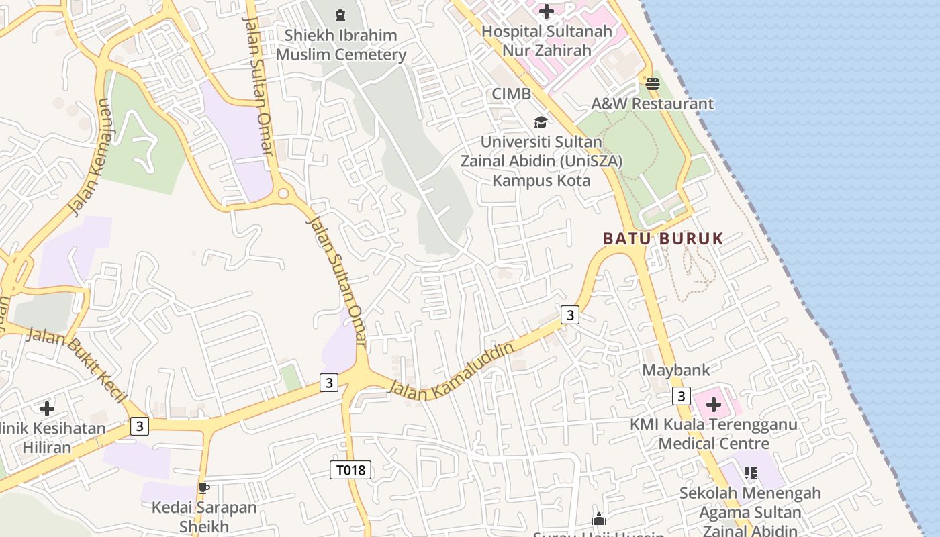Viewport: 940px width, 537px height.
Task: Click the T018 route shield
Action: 350,470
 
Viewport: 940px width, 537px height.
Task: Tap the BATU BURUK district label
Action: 663,238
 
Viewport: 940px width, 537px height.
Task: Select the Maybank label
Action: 675,370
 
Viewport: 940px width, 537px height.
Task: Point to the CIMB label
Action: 511,94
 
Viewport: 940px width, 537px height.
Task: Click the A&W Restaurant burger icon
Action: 652,84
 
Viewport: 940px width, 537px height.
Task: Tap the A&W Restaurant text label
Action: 652,104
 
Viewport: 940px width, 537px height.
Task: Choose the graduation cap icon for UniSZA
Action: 540,122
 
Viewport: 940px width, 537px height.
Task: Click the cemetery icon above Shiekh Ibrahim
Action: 340,15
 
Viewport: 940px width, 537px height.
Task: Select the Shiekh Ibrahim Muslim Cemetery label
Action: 341,45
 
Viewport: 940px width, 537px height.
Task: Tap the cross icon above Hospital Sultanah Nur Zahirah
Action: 547,11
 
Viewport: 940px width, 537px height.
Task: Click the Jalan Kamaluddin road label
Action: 451,372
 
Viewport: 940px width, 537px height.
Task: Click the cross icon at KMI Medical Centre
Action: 714,405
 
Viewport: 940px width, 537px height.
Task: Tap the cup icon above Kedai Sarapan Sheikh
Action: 204,488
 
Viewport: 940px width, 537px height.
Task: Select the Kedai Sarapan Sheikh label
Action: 204,516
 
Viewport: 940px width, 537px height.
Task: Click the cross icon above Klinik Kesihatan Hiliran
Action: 46,408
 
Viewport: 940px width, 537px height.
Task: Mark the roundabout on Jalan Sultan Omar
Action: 283,193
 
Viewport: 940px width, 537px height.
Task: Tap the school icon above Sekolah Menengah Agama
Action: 751,473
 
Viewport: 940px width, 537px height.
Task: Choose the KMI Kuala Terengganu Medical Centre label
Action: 714,434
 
